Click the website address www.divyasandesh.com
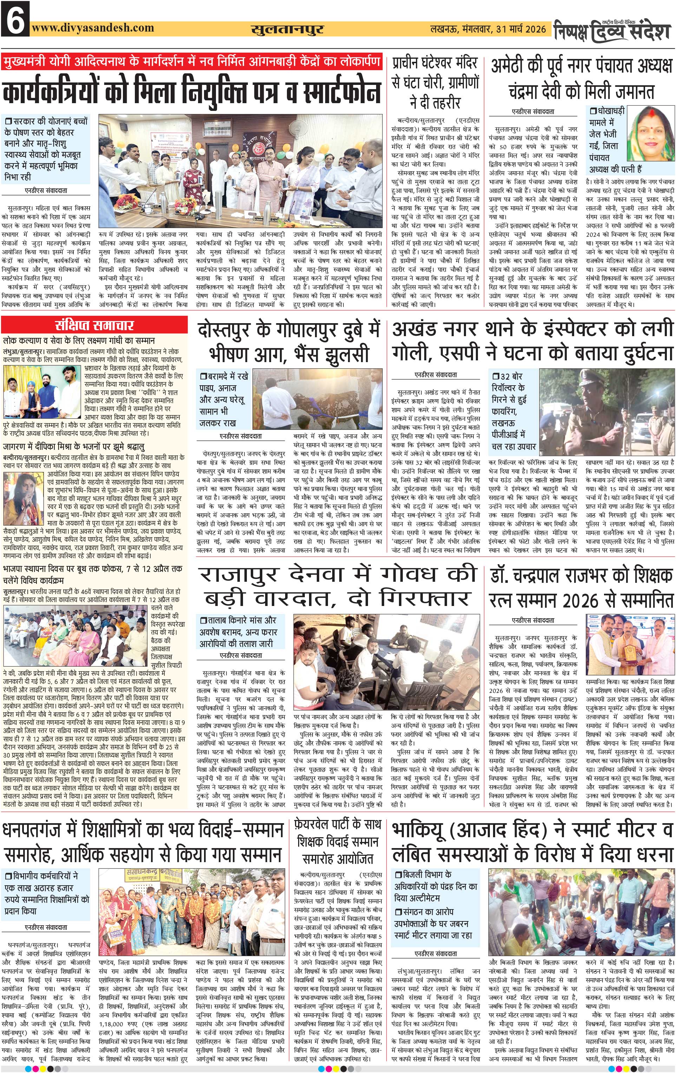coord(93,28)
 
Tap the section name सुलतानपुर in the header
coord(287,29)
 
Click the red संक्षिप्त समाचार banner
coord(94,325)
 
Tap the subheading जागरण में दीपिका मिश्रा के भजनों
coord(74,446)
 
